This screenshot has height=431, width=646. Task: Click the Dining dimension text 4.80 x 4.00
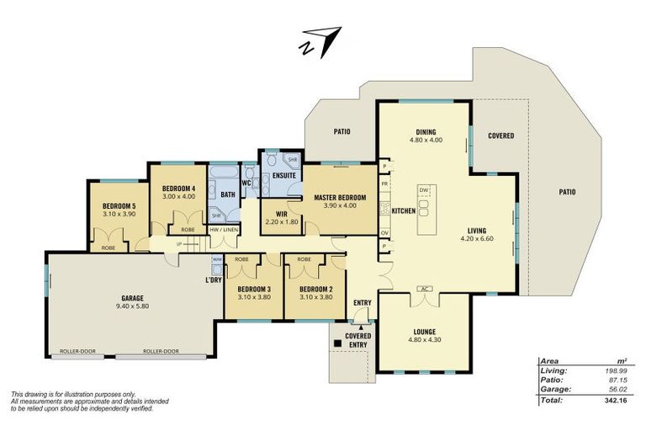pos(426,141)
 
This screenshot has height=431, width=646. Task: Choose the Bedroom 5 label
pos(119,206)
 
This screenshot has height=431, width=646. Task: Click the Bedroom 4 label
pos(178,188)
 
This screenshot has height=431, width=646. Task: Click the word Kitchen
pos(403,210)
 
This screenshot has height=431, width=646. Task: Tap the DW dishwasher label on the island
pos(424,190)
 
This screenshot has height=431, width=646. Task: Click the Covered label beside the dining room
pos(501,136)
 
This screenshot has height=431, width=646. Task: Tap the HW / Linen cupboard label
pos(224,229)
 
